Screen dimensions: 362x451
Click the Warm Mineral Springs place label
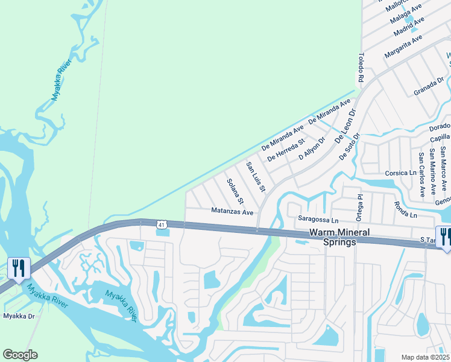333,237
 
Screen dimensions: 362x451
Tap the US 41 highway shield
161,224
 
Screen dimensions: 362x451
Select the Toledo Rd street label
361,67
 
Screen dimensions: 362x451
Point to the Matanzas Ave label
232,212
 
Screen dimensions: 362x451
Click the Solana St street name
235,191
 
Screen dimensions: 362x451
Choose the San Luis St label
256,177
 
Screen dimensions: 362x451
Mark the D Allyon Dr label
312,148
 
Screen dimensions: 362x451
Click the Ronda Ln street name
405,210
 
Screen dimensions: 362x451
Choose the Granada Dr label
429,86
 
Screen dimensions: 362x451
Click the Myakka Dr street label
19,316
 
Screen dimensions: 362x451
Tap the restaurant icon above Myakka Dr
17,267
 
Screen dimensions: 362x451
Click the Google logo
20,355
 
